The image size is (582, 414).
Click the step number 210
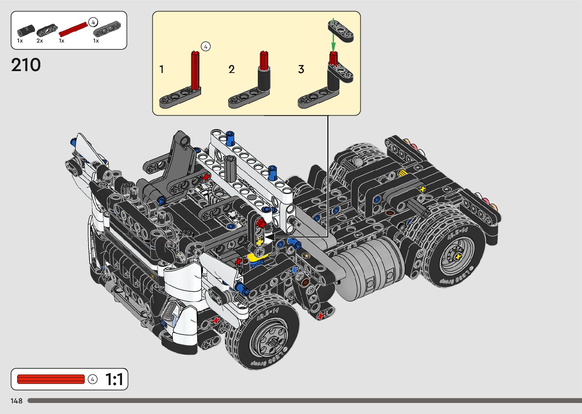[x=26, y=65]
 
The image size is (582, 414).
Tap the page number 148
[x=17, y=401]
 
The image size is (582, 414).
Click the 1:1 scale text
[x=114, y=379]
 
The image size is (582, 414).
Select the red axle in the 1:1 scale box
[x=51, y=379]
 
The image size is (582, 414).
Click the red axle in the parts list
[x=73, y=29]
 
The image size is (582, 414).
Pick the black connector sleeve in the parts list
[x=26, y=31]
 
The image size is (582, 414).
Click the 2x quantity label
[x=40, y=41]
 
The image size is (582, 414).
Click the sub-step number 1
[x=162, y=69]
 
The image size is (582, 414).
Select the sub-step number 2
[x=232, y=69]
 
